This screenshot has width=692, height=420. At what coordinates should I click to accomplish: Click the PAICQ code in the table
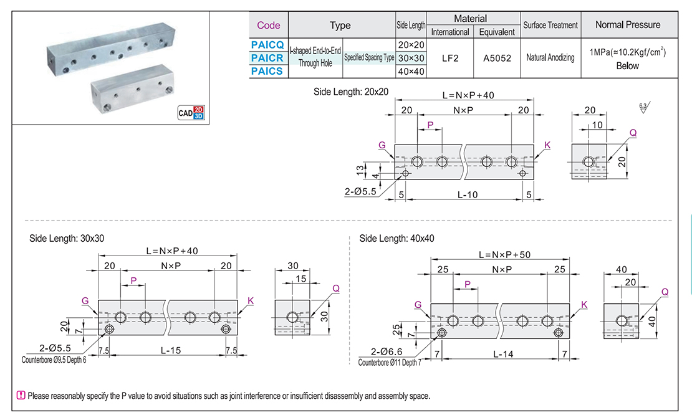click(267, 45)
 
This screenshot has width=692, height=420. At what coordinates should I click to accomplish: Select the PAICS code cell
click(267, 71)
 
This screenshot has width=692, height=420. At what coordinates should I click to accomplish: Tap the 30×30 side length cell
click(411, 58)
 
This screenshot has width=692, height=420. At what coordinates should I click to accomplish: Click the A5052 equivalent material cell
click(497, 58)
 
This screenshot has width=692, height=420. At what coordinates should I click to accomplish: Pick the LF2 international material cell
click(450, 58)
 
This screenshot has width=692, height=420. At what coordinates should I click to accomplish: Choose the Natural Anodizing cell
click(550, 58)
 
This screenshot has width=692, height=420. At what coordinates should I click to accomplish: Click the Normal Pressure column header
click(627, 25)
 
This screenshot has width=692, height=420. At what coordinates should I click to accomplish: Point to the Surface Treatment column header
click(550, 26)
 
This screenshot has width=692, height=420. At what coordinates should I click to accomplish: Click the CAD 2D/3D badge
click(191, 113)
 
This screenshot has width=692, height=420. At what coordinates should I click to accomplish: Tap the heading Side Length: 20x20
click(351, 92)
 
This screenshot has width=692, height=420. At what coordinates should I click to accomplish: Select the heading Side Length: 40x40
click(397, 239)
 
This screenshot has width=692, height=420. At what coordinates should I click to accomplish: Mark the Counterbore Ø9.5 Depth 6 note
click(53, 360)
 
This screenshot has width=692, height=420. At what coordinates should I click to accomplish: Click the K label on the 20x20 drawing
click(547, 145)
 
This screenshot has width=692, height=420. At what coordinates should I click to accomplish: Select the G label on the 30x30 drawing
click(85, 300)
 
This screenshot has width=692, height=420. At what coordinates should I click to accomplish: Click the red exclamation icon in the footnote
click(21, 396)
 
